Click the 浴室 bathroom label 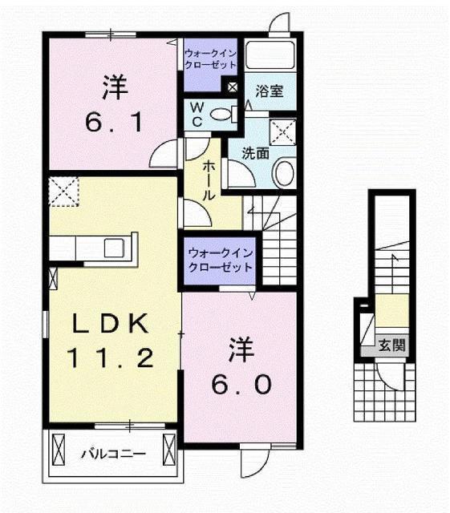click(270, 91)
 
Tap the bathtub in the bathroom click(270, 55)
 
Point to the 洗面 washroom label click(255, 153)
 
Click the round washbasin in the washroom click(284, 173)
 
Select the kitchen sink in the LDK click(114, 248)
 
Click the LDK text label click(110, 324)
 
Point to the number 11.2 click(111, 358)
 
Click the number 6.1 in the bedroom click(114, 122)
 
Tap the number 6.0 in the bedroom click(241, 384)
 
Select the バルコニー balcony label click(113, 454)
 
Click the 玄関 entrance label click(392, 345)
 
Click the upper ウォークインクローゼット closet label click(210, 59)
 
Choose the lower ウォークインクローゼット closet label click(221, 260)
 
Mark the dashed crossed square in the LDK click(63, 192)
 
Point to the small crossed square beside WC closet click(232, 87)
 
